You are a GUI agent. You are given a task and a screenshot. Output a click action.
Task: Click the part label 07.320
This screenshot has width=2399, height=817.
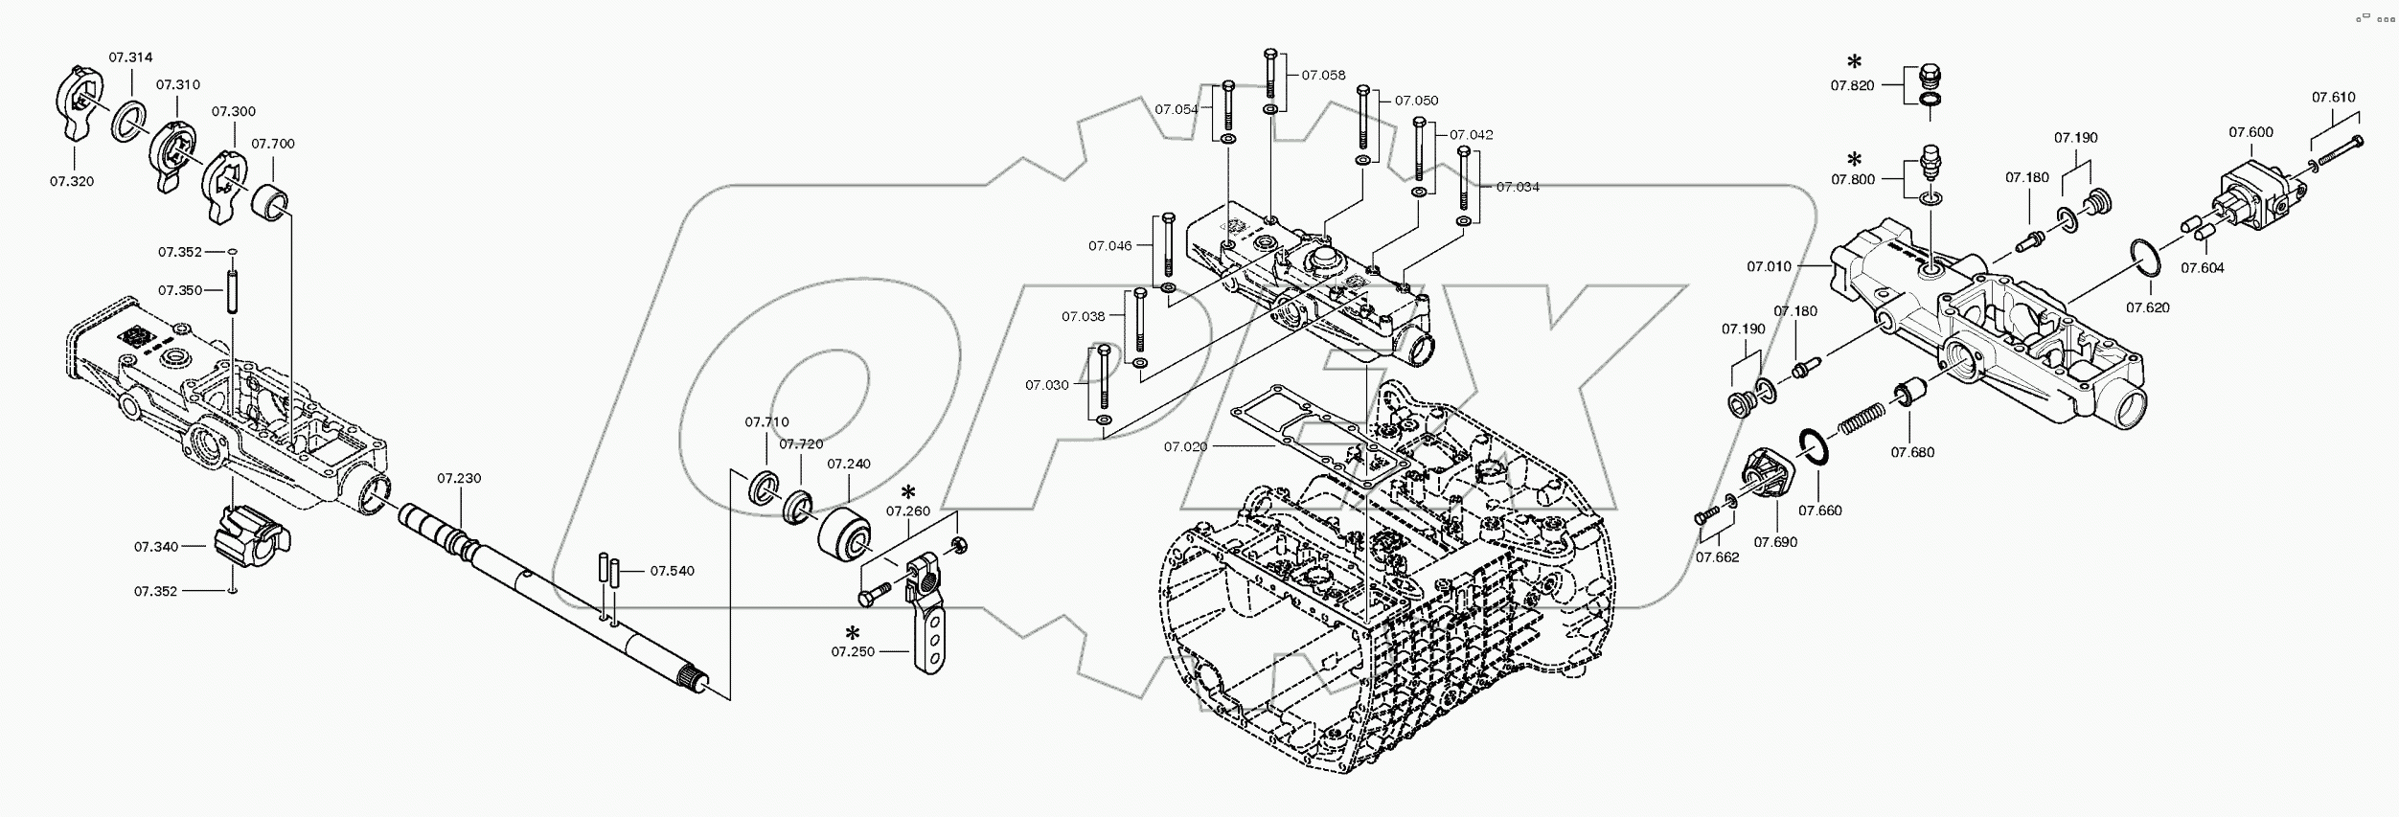(73, 180)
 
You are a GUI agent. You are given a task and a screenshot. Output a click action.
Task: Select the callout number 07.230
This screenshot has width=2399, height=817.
(459, 478)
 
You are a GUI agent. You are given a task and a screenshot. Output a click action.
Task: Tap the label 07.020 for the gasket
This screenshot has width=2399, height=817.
(1186, 446)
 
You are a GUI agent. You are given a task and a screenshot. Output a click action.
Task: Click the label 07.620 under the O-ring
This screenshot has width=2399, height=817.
(2148, 307)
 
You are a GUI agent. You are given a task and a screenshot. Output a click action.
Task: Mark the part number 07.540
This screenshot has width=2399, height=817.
(673, 571)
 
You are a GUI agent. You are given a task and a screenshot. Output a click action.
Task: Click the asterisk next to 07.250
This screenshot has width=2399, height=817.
(852, 632)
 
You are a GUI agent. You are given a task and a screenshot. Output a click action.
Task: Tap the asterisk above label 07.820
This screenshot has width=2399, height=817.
(1854, 62)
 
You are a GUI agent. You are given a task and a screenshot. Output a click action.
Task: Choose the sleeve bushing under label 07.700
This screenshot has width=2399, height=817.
(271, 205)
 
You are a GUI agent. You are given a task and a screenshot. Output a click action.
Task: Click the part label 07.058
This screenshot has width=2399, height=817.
(1323, 75)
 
